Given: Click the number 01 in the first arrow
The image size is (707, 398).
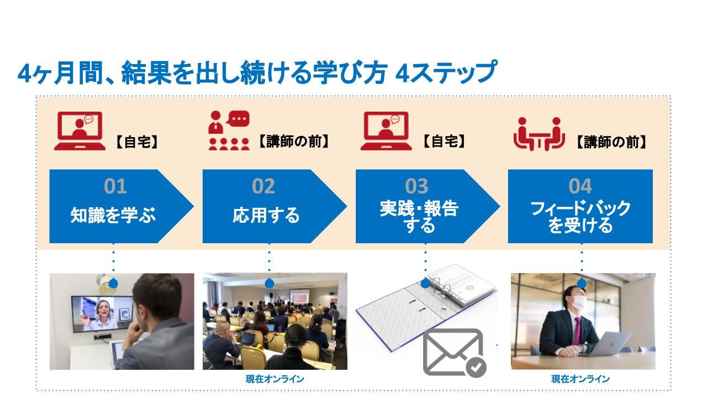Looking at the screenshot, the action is pos(115,186).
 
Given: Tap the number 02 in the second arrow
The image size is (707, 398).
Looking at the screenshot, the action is pos(263,186).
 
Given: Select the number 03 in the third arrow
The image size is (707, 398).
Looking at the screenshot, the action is pos(416,186).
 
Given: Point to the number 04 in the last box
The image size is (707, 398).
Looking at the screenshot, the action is pos(580,186).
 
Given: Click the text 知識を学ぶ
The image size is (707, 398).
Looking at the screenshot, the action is pos(113,215).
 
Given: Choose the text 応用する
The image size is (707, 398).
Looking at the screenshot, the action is pos(266,215).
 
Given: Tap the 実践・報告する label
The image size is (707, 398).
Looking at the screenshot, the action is pos(419,217).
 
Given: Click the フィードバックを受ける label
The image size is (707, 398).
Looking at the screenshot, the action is pos(580,217).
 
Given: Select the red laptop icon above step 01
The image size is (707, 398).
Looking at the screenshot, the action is pos(80,131).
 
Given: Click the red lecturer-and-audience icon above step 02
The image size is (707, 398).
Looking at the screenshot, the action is pos(229,130).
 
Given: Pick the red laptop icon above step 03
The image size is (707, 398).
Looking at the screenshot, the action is pos(386,131).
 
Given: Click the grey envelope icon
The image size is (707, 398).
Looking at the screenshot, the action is pos(452,352).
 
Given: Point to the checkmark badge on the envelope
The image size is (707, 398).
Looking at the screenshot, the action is pos(476,367).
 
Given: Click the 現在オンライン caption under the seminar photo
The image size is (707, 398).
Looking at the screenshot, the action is pos(275,379).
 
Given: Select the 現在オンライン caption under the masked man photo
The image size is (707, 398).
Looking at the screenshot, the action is pos(581,379).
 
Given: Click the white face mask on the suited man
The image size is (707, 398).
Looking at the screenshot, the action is pos(579,302).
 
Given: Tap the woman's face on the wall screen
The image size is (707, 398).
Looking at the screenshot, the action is pos(103,309).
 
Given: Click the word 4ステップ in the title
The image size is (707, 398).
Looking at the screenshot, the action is pos(446,72).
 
